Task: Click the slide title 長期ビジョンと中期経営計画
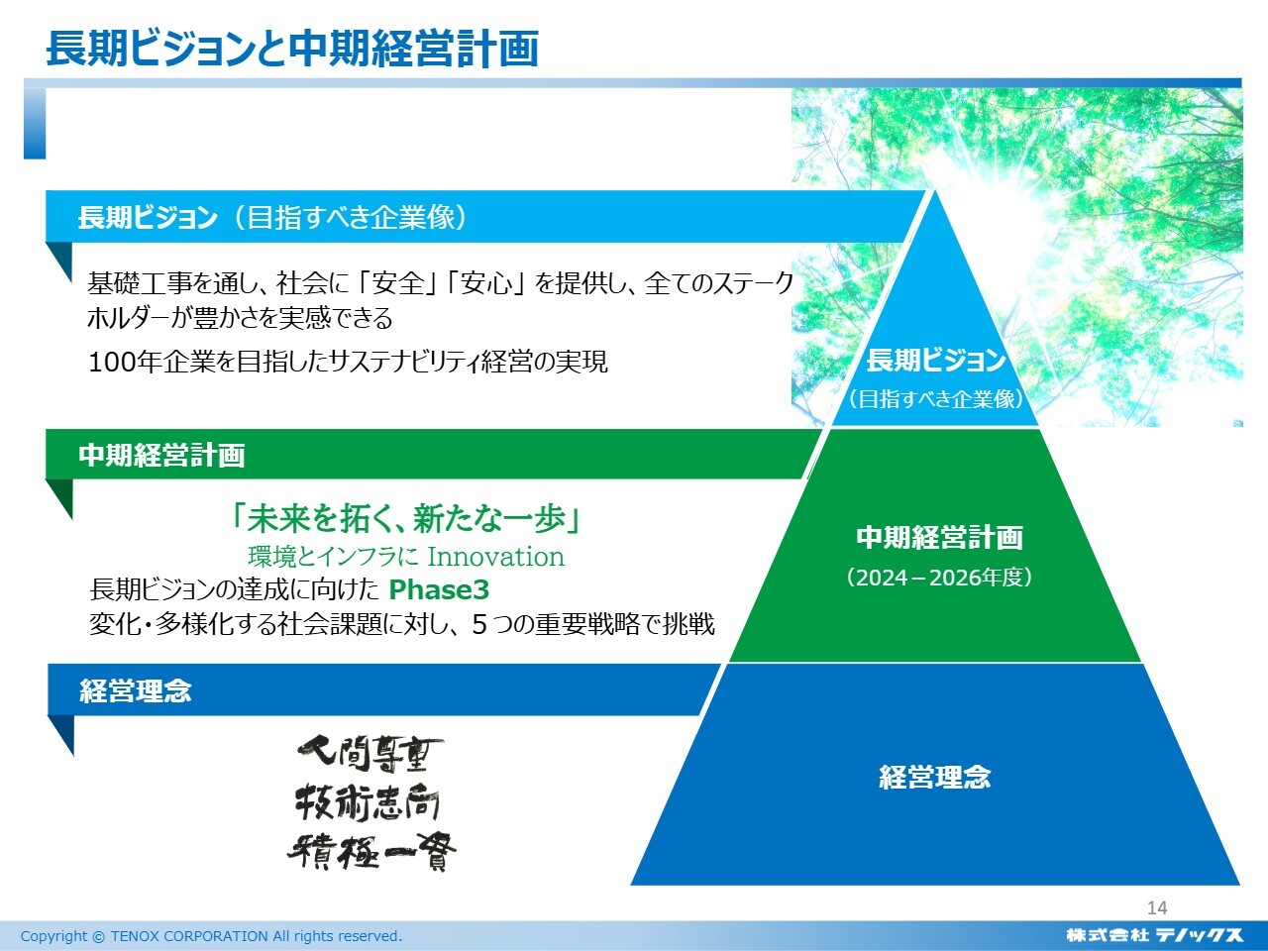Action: [292, 49]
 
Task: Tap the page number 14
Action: [1156, 908]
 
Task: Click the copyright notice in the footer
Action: [211, 936]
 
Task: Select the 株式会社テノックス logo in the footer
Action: [1154, 935]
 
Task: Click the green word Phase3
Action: [439, 589]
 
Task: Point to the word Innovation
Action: [495, 557]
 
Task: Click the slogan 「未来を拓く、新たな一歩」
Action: [405, 518]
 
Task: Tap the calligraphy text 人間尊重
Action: [370, 755]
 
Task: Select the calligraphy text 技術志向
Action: [368, 802]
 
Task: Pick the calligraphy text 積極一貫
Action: [371, 851]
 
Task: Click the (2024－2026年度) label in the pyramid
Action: [939, 578]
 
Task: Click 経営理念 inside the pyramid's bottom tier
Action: [935, 777]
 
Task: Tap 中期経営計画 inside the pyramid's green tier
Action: [939, 538]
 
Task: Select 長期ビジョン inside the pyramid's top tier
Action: [936, 361]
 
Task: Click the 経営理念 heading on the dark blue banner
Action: [135, 690]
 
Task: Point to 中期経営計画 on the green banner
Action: [161, 455]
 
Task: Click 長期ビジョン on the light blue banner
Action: [148, 218]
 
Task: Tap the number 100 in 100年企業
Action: [109, 363]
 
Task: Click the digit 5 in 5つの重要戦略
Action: [478, 624]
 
